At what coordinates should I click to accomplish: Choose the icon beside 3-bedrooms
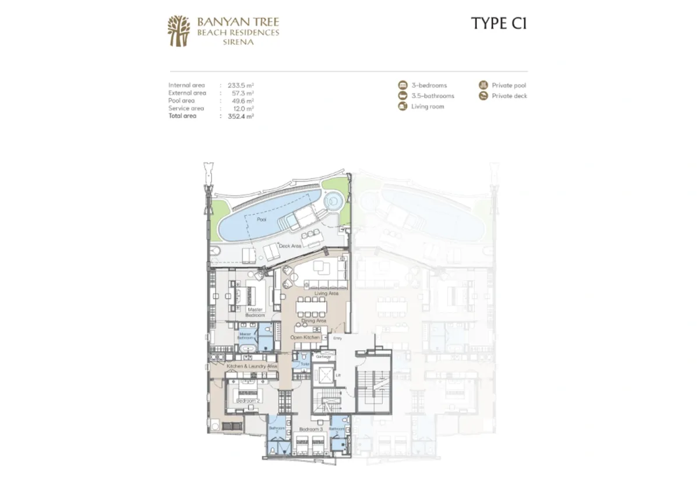[402, 85]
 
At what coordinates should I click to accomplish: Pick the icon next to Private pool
[483, 85]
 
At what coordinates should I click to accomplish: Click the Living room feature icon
[402, 106]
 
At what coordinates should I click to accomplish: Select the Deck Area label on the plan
[290, 246]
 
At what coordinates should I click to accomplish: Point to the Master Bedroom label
[255, 312]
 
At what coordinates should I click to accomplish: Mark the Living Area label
[326, 293]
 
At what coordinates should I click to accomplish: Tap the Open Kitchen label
[305, 337]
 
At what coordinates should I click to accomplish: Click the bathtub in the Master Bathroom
[246, 349]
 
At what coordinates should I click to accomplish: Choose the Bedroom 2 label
[248, 401]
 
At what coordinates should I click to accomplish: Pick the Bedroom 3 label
[310, 429]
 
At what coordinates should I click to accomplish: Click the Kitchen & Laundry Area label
[252, 366]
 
